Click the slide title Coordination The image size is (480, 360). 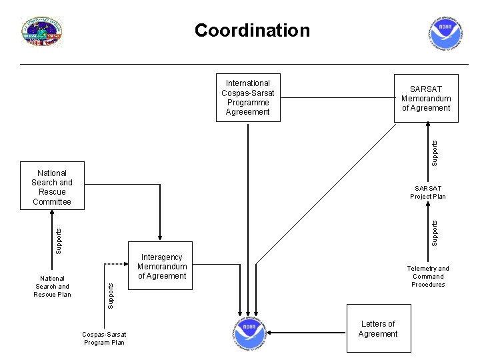[x=252, y=31]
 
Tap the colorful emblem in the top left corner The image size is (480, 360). [x=42, y=32]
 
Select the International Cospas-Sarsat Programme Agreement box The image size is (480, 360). [x=248, y=98]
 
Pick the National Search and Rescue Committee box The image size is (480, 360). [x=52, y=186]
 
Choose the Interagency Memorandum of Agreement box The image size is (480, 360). [x=161, y=267]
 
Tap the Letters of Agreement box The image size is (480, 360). [x=377, y=329]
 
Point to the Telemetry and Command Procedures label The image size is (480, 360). [x=428, y=276]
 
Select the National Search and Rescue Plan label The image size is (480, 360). [x=52, y=287]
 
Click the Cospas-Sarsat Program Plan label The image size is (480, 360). [x=103, y=338]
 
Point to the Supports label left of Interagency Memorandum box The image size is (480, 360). [x=111, y=294]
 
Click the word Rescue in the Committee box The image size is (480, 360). [x=51, y=191]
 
